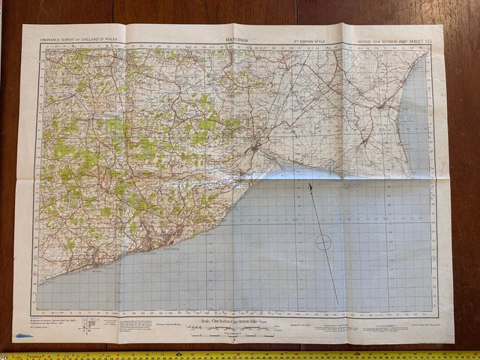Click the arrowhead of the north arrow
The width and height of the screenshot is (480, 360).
[x=310, y=184]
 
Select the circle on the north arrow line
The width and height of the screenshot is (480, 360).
[x=323, y=241]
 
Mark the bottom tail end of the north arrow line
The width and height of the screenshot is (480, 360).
[x=337, y=303]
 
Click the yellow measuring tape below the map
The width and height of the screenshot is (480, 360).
[x=240, y=355]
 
